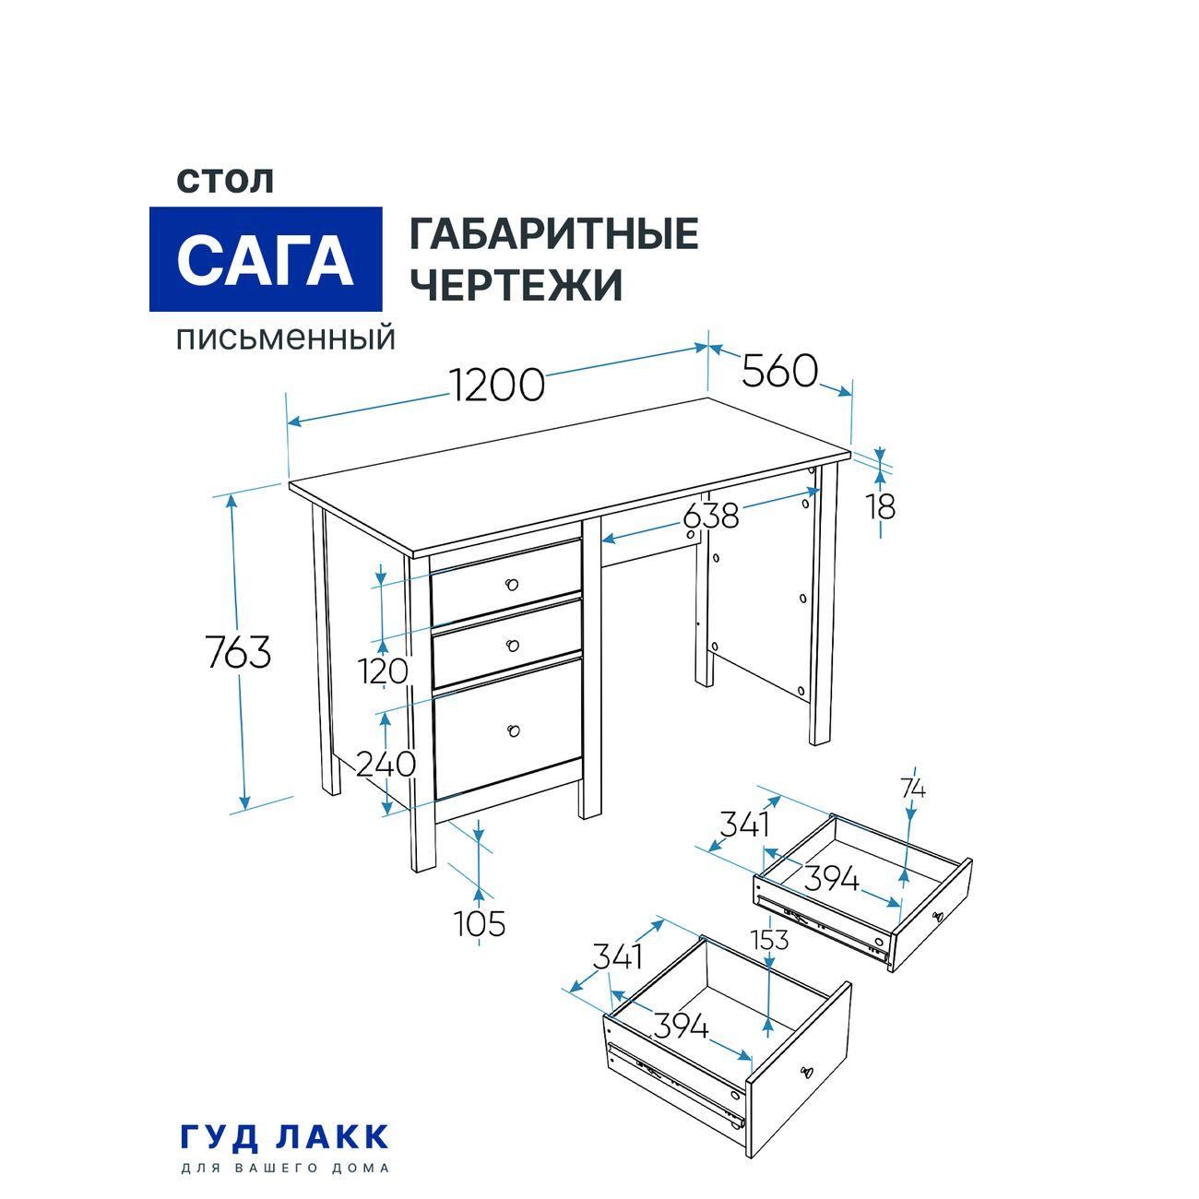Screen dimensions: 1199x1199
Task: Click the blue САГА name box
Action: pos(266,259)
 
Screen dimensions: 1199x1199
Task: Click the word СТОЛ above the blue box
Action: pos(225,180)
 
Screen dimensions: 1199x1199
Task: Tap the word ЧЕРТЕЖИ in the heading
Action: pos(516,285)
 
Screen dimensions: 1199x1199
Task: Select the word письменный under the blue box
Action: pos(286,338)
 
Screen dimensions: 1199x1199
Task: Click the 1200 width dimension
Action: pos(497,385)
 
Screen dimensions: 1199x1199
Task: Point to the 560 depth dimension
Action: pos(780,372)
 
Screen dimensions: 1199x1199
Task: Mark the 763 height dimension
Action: pos(238,653)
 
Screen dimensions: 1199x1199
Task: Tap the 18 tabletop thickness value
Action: pos(881,506)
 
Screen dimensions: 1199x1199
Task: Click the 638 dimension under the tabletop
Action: pos(711,516)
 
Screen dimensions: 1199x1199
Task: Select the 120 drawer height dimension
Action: pos(385,671)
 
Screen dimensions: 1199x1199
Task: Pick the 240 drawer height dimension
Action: pos(386,764)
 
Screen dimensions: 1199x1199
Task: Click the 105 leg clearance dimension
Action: pos(480,923)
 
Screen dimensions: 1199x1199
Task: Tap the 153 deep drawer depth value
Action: pos(769,940)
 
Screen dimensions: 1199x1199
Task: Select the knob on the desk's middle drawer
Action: pos(513,645)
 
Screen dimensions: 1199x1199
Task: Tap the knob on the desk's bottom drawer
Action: pos(514,731)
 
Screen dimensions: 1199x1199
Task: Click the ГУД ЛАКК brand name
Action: pos(284,1136)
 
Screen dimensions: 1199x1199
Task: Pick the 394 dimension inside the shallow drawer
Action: pos(831,880)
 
